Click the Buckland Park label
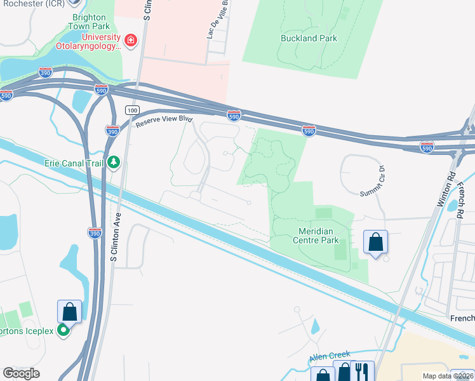[309, 38]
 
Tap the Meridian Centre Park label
[315, 236]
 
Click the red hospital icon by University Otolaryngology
[131, 41]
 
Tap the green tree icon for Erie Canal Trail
[114, 163]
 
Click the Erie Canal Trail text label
[74, 163]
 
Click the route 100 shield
[131, 110]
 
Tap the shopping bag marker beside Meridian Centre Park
[375, 242]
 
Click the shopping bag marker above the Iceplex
[69, 312]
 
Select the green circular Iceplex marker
[64, 330]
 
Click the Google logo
[21, 373]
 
